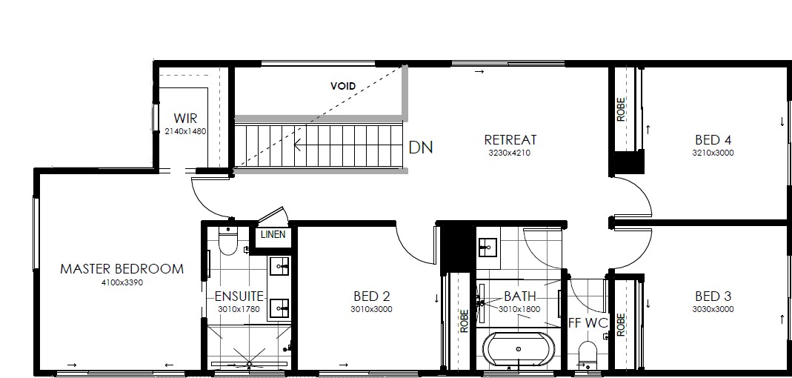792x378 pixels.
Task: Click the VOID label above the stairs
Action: (x=343, y=86)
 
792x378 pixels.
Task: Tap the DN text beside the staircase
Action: (x=420, y=147)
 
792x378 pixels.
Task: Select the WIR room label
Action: (x=185, y=119)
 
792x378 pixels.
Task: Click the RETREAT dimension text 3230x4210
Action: (x=510, y=153)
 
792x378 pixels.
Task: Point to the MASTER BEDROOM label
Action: (x=122, y=269)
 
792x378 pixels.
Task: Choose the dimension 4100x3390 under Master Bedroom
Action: (x=122, y=282)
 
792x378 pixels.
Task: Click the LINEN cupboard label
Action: (x=273, y=234)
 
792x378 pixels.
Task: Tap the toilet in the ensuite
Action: (x=227, y=241)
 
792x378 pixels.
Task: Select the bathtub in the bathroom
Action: (x=518, y=348)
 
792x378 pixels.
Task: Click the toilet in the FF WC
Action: (x=588, y=355)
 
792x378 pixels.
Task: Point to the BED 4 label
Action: (x=713, y=139)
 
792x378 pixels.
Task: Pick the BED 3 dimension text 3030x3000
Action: (x=713, y=309)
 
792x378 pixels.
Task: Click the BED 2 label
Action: (x=372, y=296)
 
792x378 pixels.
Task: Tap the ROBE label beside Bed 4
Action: (x=622, y=109)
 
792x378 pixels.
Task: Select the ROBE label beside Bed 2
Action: (x=465, y=321)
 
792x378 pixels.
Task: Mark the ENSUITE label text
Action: (x=239, y=296)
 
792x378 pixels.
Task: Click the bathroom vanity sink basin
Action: (x=487, y=247)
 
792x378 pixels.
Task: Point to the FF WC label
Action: (x=588, y=323)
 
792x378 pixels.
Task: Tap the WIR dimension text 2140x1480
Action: (x=185, y=131)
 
